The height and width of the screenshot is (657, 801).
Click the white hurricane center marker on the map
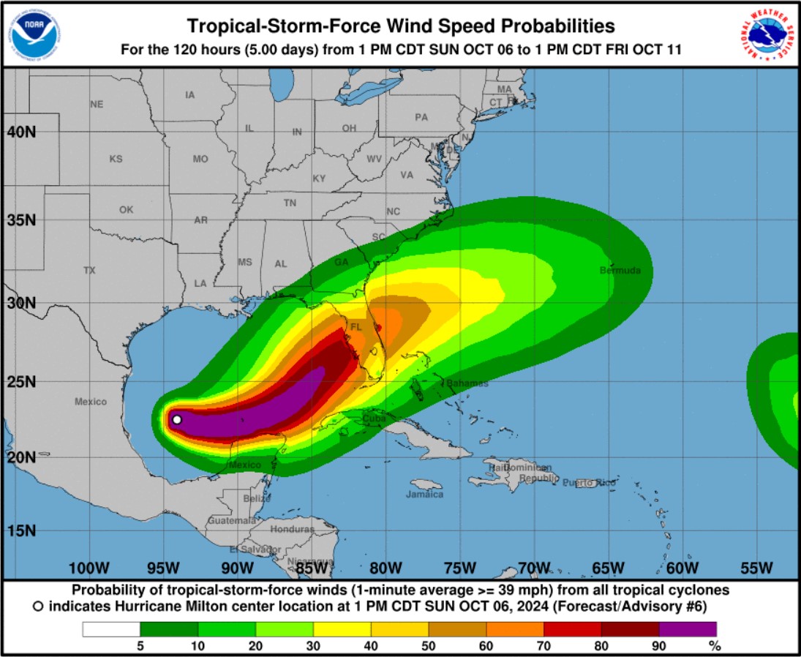pos(176,420)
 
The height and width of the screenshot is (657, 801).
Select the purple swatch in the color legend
pos(688,629)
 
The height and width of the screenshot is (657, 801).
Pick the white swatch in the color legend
pos(110,629)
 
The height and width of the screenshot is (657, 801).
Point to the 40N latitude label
pos(22,132)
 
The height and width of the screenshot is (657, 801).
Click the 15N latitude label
pos(22,530)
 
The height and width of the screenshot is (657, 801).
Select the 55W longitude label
pos(756,568)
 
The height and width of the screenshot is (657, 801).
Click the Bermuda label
pos(620,271)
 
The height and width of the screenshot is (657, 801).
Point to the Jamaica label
pos(425,495)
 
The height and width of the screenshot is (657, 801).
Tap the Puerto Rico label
pos(589,483)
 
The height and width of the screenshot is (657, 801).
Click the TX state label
pos(89,271)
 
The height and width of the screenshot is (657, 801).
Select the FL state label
pos(356,327)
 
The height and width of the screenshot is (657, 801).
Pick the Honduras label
pos(292,529)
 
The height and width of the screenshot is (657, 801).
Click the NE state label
pos(97,105)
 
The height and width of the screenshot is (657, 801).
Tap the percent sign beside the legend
pos(715,645)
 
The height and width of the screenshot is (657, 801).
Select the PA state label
pos(421,117)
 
